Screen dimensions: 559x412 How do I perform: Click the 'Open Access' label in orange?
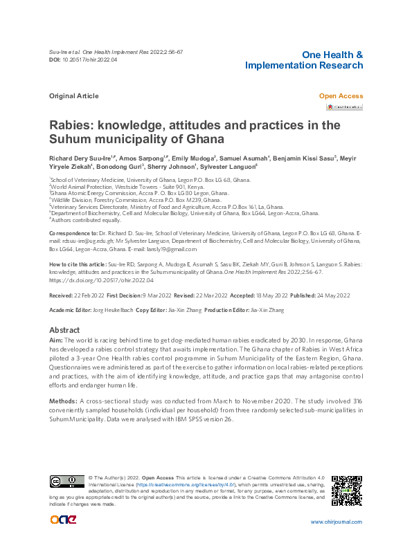(x=340, y=96)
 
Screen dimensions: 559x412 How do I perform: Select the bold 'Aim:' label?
(x=55, y=341)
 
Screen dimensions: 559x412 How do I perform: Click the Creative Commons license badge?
(x=66, y=481)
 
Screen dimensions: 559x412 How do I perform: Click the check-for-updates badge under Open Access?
(x=345, y=107)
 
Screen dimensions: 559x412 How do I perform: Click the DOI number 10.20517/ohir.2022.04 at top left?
(x=90, y=60)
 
